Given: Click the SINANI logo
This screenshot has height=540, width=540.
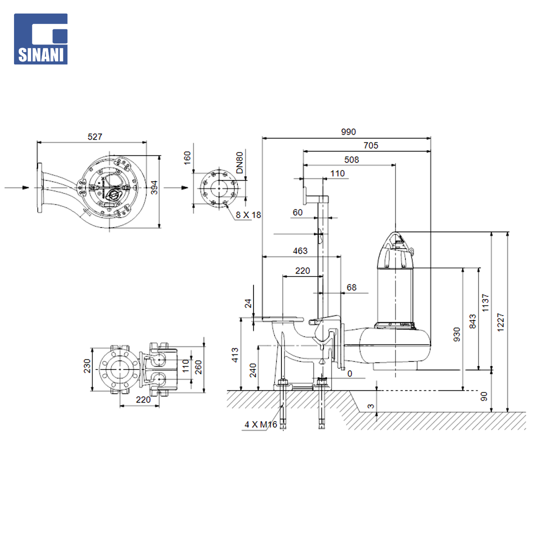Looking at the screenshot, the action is pos(40,39).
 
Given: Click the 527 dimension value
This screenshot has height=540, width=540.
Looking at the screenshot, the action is pos(94,136).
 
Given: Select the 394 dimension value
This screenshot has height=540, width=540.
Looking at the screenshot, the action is pos(154,187).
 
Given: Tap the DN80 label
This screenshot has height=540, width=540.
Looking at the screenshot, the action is pos(239,162).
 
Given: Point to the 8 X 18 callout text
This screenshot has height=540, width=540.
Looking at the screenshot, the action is pos(248,215).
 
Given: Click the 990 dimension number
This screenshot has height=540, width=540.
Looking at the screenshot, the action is pos(348,132).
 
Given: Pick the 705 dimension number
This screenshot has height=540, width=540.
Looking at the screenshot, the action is pos(370,145).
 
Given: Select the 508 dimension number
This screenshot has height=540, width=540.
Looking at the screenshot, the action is pos(351,160).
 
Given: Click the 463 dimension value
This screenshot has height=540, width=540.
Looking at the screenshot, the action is pos(300,250).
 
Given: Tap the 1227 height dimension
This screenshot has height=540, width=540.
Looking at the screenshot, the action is pos(500,322).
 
